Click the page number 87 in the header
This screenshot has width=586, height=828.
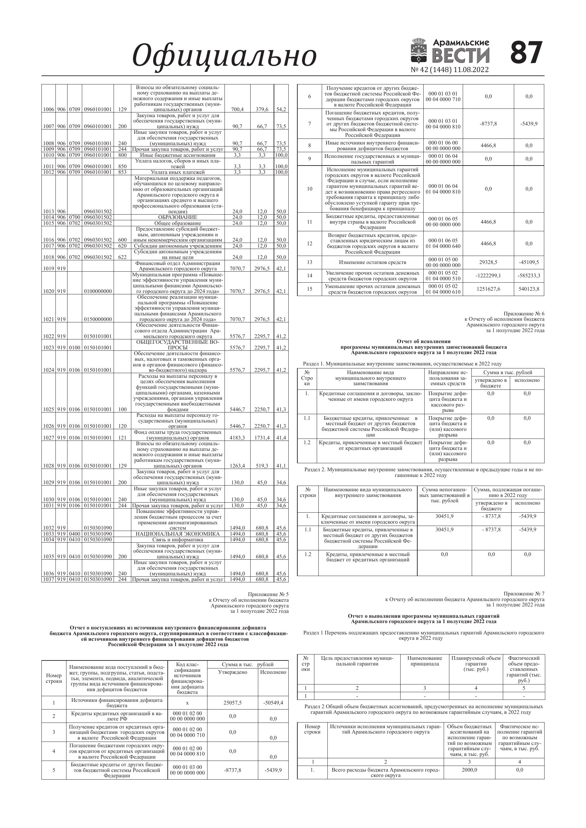click(x=526, y=52)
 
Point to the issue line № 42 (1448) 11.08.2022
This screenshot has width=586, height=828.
click(x=449, y=70)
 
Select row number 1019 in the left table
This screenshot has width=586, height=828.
click(x=48, y=268)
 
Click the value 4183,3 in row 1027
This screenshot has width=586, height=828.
click(x=237, y=438)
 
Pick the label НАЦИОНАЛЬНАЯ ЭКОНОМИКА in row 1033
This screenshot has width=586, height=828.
click(x=178, y=534)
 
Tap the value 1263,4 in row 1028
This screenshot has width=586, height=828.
click(x=237, y=466)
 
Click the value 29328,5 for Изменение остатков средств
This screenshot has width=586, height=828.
click(x=488, y=262)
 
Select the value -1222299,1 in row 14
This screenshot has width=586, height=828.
click(x=488, y=276)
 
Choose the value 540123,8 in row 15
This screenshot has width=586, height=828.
click(x=529, y=289)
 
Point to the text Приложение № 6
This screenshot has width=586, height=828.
click(x=524, y=313)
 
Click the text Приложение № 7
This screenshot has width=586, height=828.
click(x=524, y=593)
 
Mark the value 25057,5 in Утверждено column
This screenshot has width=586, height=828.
click(x=233, y=703)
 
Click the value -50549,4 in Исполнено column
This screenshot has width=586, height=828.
click(x=273, y=703)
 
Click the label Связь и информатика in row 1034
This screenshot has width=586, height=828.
click(x=178, y=540)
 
